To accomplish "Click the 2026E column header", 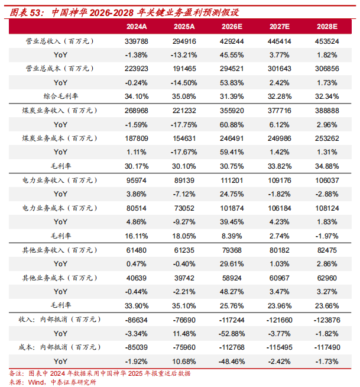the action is [x=232, y=27].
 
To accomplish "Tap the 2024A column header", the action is [x=137, y=27].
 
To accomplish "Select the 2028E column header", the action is [x=327, y=27].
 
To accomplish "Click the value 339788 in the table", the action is [x=137, y=41].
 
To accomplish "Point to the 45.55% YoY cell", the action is [x=232, y=55].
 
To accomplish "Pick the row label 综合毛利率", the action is [x=61, y=96].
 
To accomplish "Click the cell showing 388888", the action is [x=327, y=111].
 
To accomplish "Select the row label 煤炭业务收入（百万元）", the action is [x=60, y=110].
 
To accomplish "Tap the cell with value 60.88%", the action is [x=232, y=125].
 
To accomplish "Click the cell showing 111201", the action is [x=232, y=180].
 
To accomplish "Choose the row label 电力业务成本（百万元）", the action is [x=60, y=208].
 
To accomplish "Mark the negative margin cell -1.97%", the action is [x=327, y=236].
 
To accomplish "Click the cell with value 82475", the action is [x=327, y=250].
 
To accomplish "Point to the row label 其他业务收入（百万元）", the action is [x=60, y=250].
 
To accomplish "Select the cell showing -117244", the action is [x=232, y=320].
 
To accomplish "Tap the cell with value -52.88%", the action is [x=232, y=334].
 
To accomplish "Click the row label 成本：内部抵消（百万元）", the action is [x=60, y=347].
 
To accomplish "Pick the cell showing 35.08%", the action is [x=184, y=96].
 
